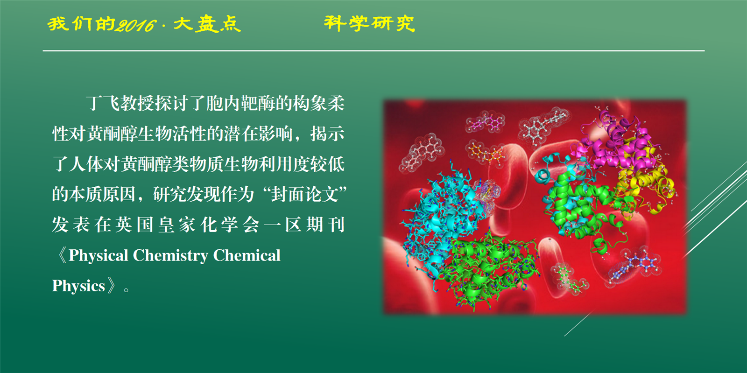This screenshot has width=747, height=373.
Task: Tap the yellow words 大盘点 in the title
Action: [207, 24]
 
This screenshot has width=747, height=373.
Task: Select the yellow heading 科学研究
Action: [369, 23]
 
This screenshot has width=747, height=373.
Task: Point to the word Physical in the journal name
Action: [99, 256]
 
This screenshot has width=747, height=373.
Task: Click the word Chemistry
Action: [170, 256]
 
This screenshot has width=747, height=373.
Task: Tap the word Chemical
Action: [247, 255]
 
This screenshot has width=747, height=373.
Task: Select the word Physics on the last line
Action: [78, 286]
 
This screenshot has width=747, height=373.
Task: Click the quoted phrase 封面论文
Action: [305, 194]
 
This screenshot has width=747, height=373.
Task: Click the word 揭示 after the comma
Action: [327, 134]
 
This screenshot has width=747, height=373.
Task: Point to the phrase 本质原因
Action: [102, 194]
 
